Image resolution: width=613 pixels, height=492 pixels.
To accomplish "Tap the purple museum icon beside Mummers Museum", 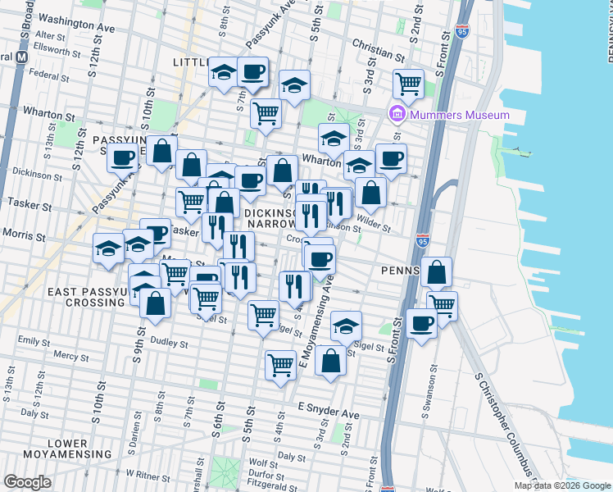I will pos(397,114).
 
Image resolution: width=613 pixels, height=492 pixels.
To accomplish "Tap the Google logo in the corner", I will pos(27,482).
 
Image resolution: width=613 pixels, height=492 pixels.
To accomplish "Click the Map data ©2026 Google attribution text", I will pos(562,485).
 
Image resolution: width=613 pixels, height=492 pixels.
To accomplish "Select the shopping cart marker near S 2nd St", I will pos(407,82).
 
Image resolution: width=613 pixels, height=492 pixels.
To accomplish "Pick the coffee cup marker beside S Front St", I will pos(421,323).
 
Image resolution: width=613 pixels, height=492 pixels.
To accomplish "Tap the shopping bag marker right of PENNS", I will pos(438,272).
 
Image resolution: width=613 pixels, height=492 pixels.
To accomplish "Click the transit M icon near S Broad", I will pos(22,57).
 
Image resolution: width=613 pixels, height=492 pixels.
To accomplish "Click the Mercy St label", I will pos(70,357).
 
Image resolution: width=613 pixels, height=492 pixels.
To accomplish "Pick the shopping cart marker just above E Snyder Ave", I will pos(280,362).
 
